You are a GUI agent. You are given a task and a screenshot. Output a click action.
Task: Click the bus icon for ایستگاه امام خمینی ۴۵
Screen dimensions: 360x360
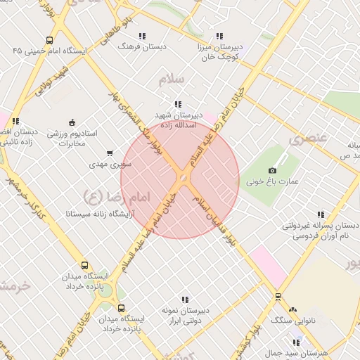click(x=49, y=40)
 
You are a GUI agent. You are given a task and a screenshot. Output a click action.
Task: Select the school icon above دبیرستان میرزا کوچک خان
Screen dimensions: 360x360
click(x=219, y=36)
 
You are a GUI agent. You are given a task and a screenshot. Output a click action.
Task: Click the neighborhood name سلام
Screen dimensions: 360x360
click(x=172, y=79)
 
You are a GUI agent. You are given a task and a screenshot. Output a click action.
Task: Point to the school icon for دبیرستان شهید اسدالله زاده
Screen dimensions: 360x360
click(x=178, y=104)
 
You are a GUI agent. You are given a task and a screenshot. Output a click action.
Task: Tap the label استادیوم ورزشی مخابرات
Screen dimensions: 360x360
click(x=71, y=138)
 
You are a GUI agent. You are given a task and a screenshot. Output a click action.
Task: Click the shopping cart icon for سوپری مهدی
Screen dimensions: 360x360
click(x=109, y=153)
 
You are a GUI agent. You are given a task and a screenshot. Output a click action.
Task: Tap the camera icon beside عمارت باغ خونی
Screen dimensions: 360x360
click(x=273, y=170)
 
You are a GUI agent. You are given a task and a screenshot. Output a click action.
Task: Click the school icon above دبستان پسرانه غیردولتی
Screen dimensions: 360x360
click(x=321, y=215)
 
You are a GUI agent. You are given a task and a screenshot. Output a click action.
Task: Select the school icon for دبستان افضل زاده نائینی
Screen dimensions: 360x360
click(x=15, y=121)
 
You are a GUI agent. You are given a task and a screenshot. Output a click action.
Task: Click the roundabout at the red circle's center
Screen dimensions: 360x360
click(x=181, y=180)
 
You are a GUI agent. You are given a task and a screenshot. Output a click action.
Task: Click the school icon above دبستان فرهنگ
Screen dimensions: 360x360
click(x=143, y=36)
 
